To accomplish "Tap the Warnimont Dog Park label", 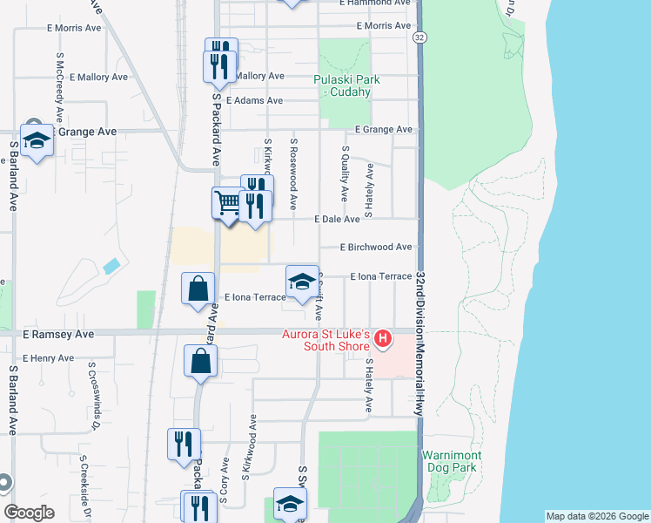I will click(449, 461).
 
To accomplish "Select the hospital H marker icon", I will click(382, 336).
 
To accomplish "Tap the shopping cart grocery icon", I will click(227, 204).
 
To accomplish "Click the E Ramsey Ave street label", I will click(58, 334).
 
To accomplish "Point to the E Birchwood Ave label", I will click(376, 248).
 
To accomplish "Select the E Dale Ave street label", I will click(337, 220).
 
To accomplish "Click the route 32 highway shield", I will click(420, 37).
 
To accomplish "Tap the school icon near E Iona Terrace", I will click(302, 282).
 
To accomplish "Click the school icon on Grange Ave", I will click(37, 139).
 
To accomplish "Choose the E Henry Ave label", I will click(49, 358).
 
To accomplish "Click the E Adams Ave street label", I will click(254, 101).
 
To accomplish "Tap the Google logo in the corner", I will click(29, 513).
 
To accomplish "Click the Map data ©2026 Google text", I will click(596, 516).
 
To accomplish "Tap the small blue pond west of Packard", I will click(111, 265).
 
